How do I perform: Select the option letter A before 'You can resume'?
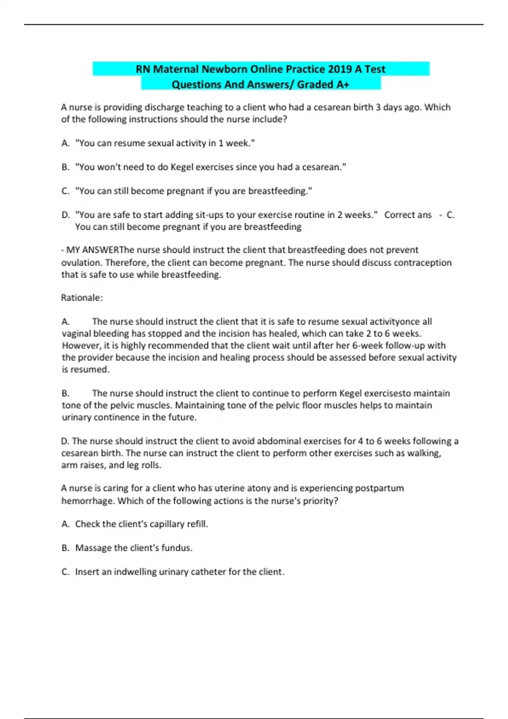click(65, 143)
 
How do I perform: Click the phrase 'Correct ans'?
click(408, 215)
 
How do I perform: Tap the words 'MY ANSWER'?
click(93, 250)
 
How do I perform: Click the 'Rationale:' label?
click(82, 298)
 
